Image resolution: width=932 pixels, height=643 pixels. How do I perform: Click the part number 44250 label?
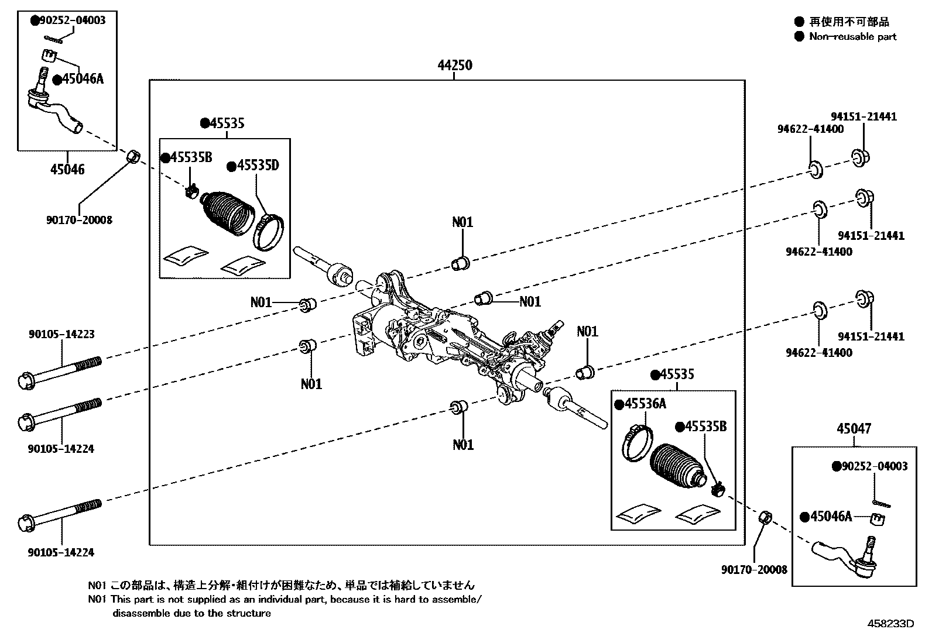tap(454, 65)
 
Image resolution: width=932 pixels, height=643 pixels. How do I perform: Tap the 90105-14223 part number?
tap(61, 335)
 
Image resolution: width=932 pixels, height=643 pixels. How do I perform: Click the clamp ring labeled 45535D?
tap(269, 232)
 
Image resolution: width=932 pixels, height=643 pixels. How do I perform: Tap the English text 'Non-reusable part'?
tap(852, 36)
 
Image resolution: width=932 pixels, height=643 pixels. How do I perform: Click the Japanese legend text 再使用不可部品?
tap(849, 22)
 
